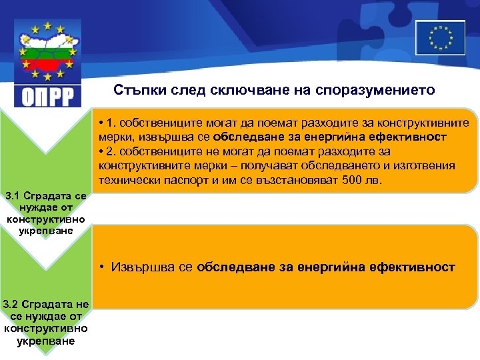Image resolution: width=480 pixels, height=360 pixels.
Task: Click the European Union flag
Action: pyautogui.click(x=439, y=37)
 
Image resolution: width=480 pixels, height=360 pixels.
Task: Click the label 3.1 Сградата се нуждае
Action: pyautogui.click(x=44, y=197)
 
